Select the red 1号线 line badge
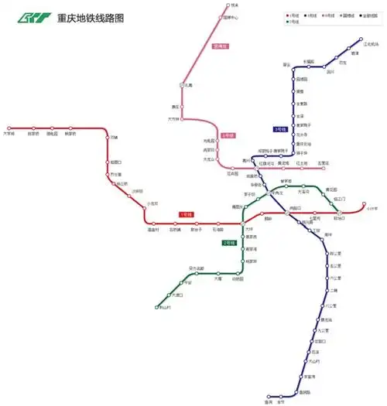pos(186,214)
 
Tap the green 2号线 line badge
pos(229,243)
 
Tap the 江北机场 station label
pos(371,43)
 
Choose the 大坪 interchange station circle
pos(242,224)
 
